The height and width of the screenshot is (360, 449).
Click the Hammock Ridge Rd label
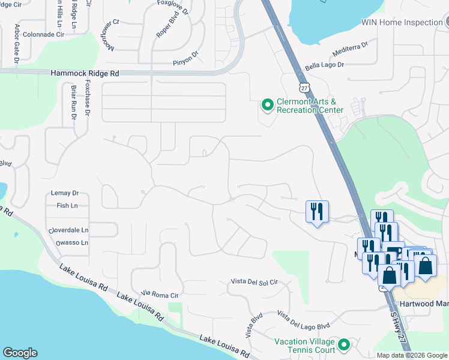[85, 72]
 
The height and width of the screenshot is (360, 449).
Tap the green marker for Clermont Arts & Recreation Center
[267, 105]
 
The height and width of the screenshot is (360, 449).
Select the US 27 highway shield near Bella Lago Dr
[305, 88]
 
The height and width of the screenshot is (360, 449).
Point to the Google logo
[20, 353]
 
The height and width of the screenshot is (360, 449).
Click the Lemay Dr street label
[67, 193]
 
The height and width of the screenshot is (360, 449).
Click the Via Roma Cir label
[160, 294]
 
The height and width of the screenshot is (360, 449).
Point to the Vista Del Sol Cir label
[255, 281]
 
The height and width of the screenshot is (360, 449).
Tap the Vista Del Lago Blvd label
[304, 320]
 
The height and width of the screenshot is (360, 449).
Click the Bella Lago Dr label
[324, 64]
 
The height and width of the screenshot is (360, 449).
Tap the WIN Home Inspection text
[401, 22]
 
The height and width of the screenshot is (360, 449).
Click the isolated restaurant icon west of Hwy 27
[317, 211]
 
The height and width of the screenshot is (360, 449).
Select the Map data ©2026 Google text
[412, 355]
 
